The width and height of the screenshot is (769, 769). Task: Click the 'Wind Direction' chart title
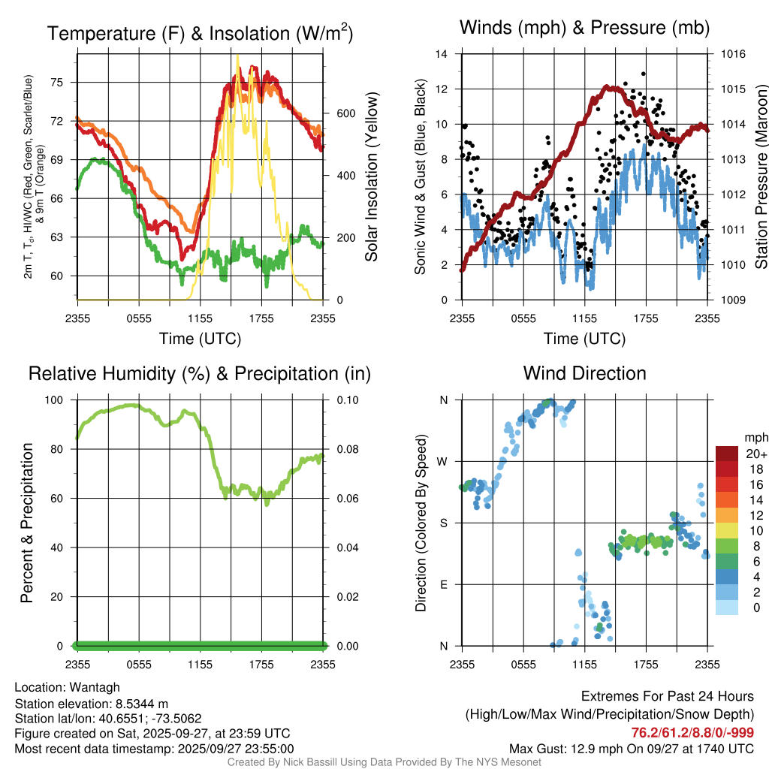[x=584, y=373]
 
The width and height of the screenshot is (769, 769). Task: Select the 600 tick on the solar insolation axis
[x=345, y=113]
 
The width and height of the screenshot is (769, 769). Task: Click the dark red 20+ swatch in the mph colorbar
[x=728, y=454]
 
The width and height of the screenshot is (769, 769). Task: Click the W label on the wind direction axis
[x=443, y=461]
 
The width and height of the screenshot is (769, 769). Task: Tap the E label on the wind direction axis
[x=444, y=584]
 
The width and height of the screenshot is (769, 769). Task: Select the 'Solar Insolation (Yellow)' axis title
[x=371, y=177]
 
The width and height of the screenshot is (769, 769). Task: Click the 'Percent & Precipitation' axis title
[x=27, y=523]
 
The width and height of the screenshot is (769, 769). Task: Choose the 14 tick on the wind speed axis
[x=442, y=54]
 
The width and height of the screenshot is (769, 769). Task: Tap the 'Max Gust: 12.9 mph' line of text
[x=632, y=749]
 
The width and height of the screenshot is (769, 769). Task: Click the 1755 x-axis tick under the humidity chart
[x=262, y=664]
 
